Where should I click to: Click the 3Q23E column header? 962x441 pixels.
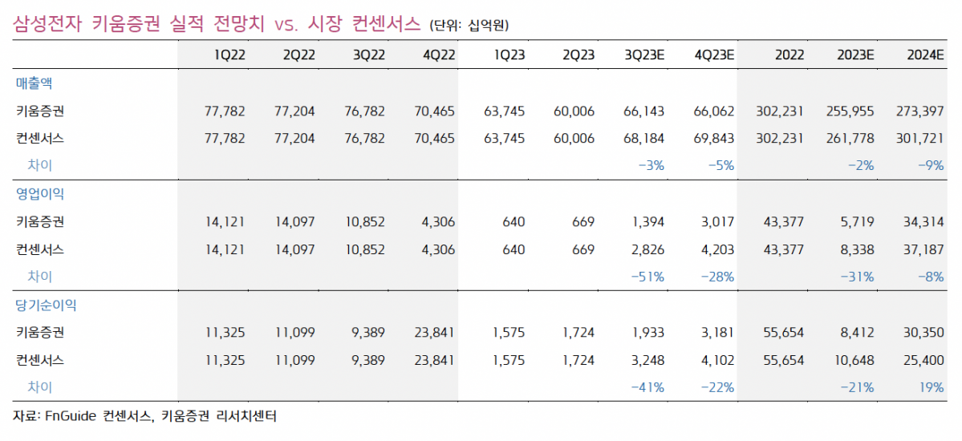point(644,55)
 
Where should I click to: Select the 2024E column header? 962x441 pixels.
point(924,55)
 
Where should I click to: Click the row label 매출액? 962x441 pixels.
point(34,83)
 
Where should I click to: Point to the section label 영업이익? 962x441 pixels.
point(39,194)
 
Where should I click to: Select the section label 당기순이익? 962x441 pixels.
point(46,305)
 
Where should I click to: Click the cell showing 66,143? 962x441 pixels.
point(643,111)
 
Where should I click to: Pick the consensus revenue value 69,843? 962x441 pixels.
point(713,138)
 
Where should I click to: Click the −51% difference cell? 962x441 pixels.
point(648,277)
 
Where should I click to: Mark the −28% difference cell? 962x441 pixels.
point(717,277)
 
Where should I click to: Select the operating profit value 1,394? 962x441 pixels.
point(647,221)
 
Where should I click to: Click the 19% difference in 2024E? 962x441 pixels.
point(932,387)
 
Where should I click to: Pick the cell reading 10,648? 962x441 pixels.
point(854,360)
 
